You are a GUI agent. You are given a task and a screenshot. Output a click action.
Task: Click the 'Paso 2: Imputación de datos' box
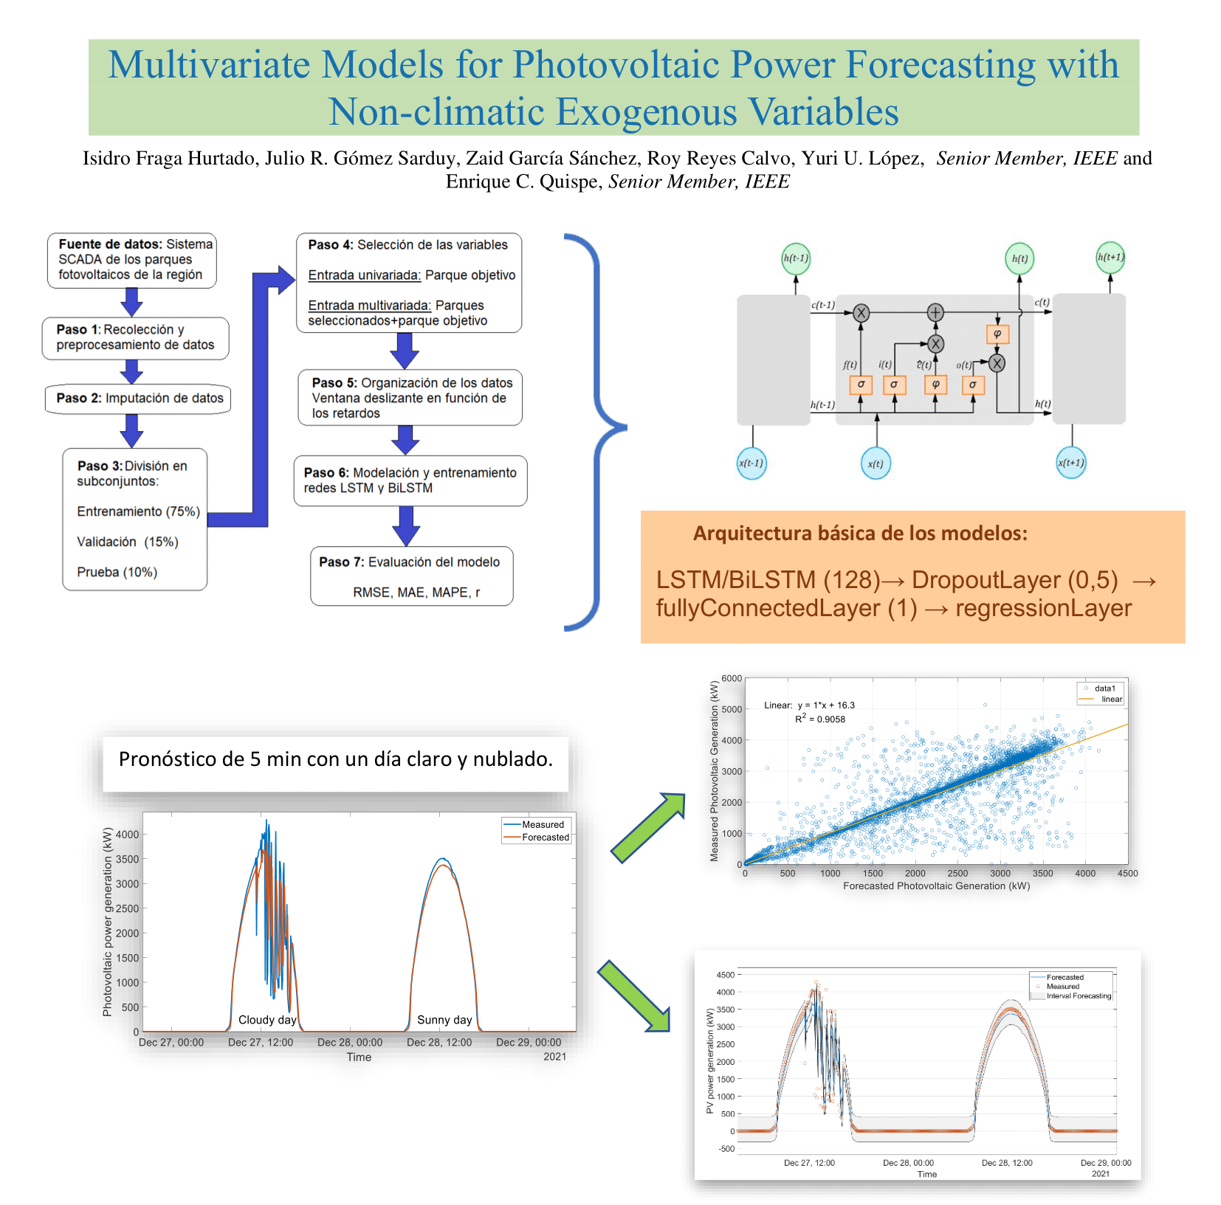137,398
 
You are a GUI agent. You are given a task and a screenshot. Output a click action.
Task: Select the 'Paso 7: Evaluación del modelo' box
411,576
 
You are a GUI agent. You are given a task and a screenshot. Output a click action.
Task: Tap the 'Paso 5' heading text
334,383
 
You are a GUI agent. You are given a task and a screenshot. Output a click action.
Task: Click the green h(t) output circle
1019,259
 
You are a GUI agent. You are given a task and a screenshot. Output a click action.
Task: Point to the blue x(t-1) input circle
751,463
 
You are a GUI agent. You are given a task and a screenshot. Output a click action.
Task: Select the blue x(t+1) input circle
1071,463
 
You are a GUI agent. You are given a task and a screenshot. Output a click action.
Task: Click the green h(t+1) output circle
1110,258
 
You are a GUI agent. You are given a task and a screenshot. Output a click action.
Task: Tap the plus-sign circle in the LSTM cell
935,312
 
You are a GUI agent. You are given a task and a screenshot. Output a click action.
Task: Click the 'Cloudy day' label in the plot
267,1020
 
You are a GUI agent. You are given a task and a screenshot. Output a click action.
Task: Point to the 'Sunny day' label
444,1020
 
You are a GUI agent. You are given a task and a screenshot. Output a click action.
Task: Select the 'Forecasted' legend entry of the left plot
545,838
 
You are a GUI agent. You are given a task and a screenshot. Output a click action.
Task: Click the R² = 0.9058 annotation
820,719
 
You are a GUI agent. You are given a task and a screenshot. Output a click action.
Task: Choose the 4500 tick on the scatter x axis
1127,874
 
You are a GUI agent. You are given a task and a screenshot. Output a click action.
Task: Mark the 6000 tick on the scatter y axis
732,678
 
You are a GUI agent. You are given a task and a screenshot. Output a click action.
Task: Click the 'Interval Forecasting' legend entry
1079,996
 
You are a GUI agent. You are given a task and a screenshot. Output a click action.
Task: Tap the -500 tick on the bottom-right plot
726,1149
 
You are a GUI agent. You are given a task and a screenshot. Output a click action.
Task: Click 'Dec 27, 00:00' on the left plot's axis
171,1043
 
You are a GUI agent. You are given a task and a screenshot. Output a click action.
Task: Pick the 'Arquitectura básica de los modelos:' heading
860,534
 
